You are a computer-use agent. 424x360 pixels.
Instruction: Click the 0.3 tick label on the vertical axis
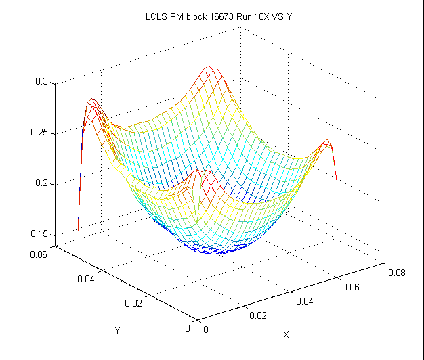[x=41, y=82]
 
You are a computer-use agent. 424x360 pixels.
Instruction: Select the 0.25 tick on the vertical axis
[x=39, y=133]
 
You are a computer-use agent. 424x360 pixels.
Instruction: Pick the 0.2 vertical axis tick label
[x=41, y=183]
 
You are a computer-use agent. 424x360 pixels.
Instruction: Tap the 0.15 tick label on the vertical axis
[x=39, y=234]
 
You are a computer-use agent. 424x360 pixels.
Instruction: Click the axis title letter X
[x=286, y=334]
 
